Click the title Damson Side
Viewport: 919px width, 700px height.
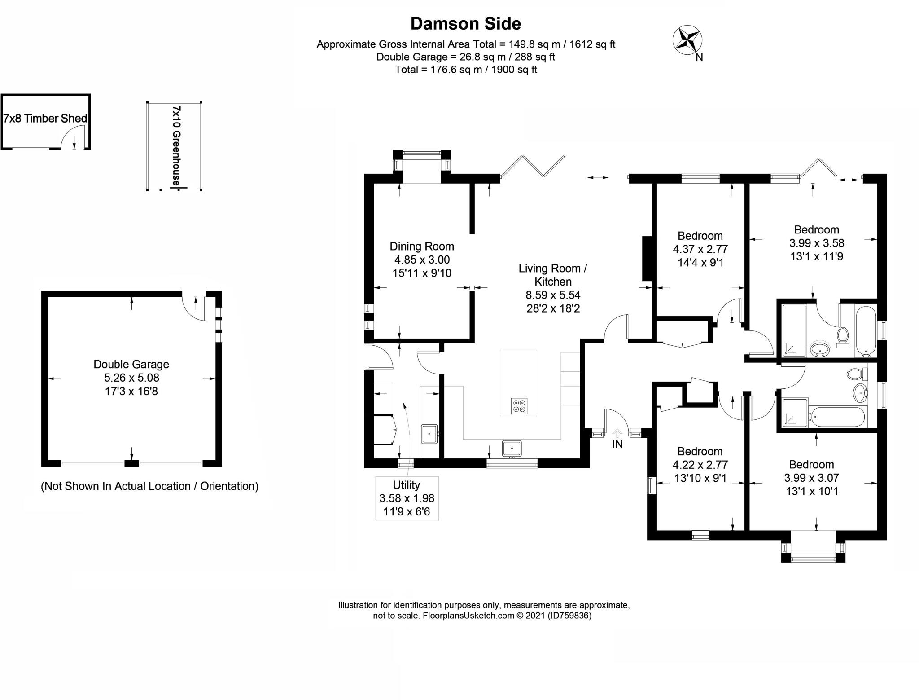pos(465,23)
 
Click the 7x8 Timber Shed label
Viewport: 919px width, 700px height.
pos(45,119)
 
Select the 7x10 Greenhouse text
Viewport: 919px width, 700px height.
pos(177,145)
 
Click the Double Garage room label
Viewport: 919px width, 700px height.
pos(131,378)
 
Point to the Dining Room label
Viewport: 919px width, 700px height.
pos(421,259)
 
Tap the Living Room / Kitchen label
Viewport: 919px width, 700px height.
pos(553,288)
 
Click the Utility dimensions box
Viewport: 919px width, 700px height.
pos(407,498)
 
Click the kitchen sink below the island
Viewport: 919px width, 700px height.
pos(512,448)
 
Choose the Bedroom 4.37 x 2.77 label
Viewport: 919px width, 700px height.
pos(700,249)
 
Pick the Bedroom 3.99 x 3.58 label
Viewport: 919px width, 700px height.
pos(816,243)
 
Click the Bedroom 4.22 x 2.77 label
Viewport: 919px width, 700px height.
pos(700,464)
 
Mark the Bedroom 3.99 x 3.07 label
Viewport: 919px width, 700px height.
pos(811,477)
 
